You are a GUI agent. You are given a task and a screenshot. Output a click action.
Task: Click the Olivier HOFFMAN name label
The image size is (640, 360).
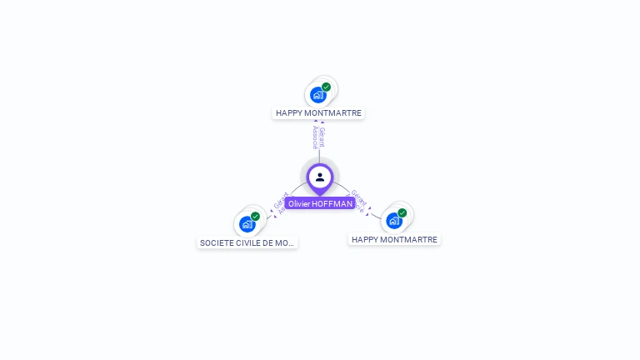(x=320, y=203)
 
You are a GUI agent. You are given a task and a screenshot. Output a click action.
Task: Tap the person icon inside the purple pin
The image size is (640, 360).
(x=320, y=177)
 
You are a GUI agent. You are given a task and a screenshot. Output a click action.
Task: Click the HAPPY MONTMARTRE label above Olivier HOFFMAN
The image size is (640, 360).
(x=318, y=112)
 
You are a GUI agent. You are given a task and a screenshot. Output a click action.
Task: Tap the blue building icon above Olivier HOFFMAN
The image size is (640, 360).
(x=317, y=95)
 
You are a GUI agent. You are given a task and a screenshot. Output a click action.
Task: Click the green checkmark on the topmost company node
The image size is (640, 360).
(x=326, y=87)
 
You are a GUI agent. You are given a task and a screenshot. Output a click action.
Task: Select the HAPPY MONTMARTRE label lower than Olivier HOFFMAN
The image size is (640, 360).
(x=393, y=239)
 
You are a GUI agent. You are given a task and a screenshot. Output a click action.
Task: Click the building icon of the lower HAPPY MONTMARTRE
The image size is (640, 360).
(x=393, y=221)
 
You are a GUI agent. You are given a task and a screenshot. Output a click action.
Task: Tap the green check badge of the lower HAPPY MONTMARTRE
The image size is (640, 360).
(x=402, y=213)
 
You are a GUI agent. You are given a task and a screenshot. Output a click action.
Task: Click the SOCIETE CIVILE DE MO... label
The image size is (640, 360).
(x=247, y=242)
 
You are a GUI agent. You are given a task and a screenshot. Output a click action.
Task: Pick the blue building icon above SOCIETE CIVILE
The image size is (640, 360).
(x=247, y=224)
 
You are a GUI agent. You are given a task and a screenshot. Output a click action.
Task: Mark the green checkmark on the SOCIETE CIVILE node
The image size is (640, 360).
(x=255, y=217)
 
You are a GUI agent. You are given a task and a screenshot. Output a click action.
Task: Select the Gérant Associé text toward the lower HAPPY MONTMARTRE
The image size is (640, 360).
(x=358, y=200)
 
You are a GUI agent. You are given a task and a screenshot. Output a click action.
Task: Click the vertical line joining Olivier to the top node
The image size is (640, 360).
(x=319, y=155)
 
